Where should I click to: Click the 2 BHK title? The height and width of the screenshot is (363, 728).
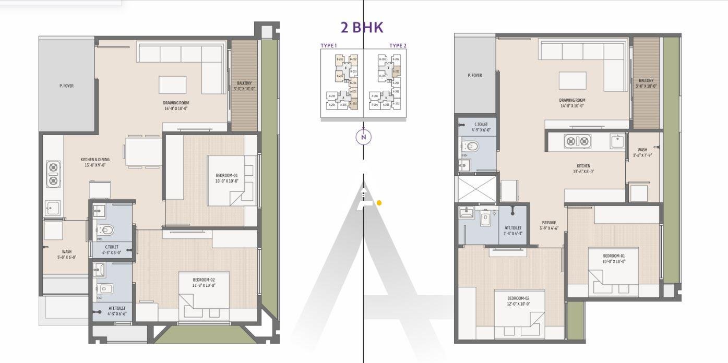(362, 28)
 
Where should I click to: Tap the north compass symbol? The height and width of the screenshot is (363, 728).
(364, 137)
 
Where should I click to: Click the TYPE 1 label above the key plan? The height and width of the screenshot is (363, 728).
(328, 46)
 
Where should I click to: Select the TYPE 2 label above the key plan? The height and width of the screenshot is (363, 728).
(398, 46)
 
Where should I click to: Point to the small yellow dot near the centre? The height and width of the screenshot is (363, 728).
(379, 203)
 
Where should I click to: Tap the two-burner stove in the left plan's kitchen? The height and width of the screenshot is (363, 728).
(53, 174)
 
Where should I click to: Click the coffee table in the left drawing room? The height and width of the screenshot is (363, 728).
(172, 84)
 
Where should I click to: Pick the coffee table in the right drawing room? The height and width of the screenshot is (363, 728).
(572, 81)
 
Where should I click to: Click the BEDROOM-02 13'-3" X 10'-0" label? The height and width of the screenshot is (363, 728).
(204, 283)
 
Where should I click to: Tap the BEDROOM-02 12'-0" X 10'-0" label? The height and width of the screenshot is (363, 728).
(518, 301)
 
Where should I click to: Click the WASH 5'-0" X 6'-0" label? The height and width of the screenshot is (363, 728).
(67, 254)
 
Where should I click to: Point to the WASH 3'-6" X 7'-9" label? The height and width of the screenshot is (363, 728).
(642, 152)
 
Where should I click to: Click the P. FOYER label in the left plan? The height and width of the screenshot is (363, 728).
(66, 86)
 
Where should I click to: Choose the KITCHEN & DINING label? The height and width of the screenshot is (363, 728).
(95, 162)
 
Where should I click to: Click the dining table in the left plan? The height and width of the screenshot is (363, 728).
(143, 152)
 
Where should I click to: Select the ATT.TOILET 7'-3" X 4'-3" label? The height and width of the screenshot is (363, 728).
(513, 231)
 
